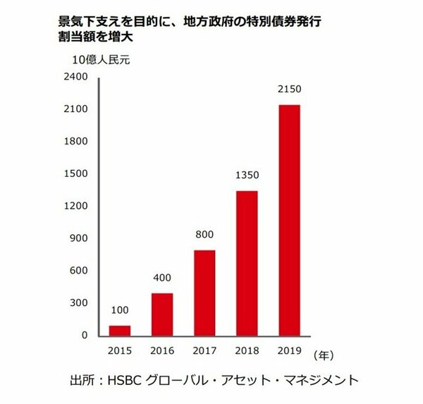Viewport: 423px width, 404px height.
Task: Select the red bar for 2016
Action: pyautogui.click(x=162, y=314)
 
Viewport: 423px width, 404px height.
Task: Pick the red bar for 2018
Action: pyautogui.click(x=246, y=263)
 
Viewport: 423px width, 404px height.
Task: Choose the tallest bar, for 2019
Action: pyautogui.click(x=290, y=220)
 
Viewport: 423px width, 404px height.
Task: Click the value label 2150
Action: pyautogui.click(x=290, y=92)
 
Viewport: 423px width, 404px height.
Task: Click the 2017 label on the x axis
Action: pyautogui.click(x=204, y=350)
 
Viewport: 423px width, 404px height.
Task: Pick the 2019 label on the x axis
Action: pyautogui.click(x=290, y=350)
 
